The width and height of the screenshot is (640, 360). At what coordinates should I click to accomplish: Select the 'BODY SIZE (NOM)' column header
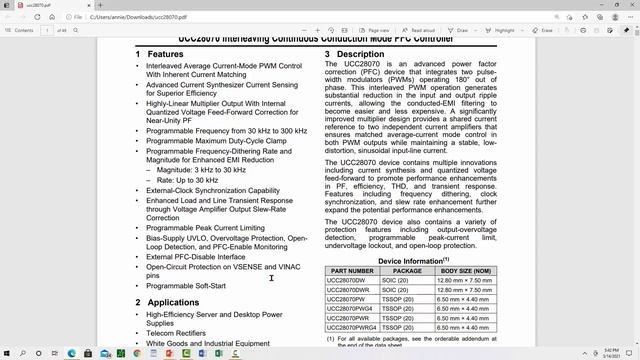(x=467, y=242)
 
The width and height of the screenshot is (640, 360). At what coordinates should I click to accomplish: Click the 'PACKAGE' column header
(x=407, y=242)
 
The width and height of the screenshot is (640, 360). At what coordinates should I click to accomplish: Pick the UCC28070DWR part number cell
(x=351, y=264)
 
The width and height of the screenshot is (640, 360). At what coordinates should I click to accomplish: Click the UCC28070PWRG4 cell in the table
(x=356, y=320)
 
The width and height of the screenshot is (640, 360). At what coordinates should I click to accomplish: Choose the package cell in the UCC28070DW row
(x=407, y=253)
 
